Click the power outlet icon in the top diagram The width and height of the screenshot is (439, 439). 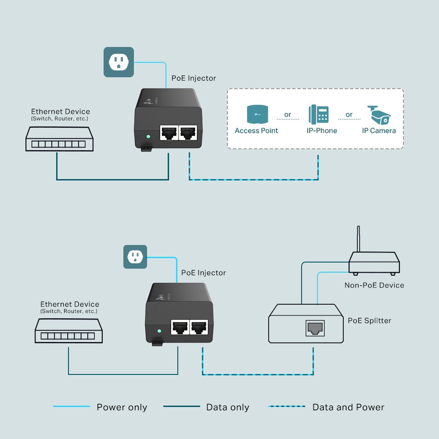119,62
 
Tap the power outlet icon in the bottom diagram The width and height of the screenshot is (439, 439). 135,257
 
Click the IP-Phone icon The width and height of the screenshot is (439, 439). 319,114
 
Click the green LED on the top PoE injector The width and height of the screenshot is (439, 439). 148,137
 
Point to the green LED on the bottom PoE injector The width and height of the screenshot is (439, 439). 160,331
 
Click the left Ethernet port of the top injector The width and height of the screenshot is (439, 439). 169,132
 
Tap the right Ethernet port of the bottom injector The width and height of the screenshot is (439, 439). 199,327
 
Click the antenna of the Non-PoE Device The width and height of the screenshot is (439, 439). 359,239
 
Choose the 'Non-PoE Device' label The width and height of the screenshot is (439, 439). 374,285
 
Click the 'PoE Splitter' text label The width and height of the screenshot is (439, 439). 369,320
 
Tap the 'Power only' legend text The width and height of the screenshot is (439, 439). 122,407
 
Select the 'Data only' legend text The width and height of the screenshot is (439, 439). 227,407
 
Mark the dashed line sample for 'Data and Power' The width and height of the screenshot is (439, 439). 287,407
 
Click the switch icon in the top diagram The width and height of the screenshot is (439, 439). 59,139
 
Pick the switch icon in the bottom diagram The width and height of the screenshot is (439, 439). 68,331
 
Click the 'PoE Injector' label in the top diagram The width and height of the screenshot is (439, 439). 194,78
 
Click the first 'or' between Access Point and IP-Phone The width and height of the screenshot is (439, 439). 288,115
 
